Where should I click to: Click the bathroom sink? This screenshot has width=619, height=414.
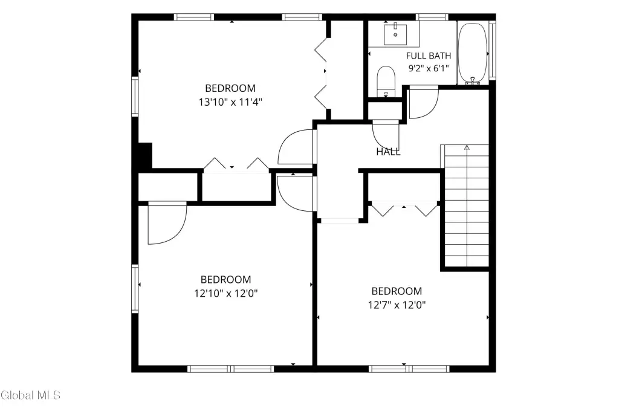click(395, 34)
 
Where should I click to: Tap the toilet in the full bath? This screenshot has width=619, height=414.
click(386, 82)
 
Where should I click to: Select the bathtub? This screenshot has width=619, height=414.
click(473, 53)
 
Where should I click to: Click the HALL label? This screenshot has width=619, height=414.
click(388, 152)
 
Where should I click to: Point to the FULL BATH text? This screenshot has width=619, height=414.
click(429, 56)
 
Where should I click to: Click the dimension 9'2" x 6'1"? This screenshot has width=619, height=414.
click(429, 68)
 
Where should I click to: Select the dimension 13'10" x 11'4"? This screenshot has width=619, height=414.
click(230, 102)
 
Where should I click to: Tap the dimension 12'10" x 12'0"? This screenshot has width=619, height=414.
click(226, 294)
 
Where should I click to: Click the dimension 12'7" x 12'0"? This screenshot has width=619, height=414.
click(397, 305)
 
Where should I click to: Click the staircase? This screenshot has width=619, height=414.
click(467, 205)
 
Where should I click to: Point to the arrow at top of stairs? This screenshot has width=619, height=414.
click(467, 147)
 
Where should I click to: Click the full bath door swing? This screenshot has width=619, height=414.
click(423, 102)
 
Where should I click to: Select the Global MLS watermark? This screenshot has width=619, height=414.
click(30, 395)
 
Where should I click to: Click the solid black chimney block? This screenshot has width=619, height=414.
click(145, 156)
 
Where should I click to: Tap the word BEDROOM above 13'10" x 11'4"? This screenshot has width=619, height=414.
click(230, 88)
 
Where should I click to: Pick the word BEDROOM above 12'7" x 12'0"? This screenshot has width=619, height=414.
click(397, 291)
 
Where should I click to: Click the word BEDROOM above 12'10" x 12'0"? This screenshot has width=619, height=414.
click(226, 279)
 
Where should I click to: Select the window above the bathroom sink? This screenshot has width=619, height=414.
click(432, 17)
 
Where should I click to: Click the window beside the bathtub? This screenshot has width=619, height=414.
click(492, 50)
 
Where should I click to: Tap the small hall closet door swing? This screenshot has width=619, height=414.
click(385, 135)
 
